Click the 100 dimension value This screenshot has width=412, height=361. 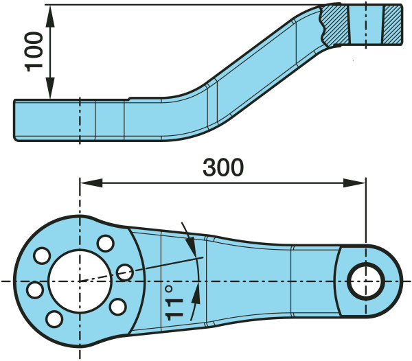pyautogui.click(x=34, y=51)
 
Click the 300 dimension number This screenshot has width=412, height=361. pyautogui.click(x=223, y=167)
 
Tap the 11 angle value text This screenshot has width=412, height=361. pyautogui.click(x=174, y=310)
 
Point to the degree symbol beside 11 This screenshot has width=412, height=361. pyautogui.click(x=169, y=290)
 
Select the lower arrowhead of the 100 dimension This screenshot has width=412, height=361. pyautogui.click(x=50, y=89)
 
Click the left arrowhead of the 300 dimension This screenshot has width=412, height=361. pyautogui.click(x=91, y=183)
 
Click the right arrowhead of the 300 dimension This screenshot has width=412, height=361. pyautogui.click(x=354, y=183)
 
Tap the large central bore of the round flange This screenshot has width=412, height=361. pyautogui.click(x=80, y=281)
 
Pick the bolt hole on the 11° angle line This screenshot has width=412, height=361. pyautogui.click(x=125, y=272)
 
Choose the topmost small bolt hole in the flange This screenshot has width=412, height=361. pyautogui.click(x=106, y=244)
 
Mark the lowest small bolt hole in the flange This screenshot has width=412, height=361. pyautogui.click(x=54, y=318)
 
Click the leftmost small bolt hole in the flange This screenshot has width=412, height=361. pyautogui.click(x=35, y=290)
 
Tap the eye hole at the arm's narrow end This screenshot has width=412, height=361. pyautogui.click(x=366, y=281)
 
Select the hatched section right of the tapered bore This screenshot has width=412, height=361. pyautogui.click(x=392, y=25)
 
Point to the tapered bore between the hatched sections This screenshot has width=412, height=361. pyautogui.click(x=366, y=25)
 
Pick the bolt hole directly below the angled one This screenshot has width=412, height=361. pyautogui.click(x=117, y=307)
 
